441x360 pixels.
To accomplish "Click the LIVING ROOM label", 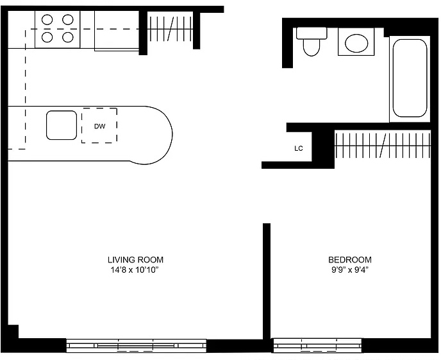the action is [x=135, y=259].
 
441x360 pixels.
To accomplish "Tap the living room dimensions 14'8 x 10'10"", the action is [x=135, y=270].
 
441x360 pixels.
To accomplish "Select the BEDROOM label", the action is [x=350, y=259].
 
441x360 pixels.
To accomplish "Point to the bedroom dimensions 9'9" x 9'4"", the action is [x=350, y=270].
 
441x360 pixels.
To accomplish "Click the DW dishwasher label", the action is [x=99, y=126].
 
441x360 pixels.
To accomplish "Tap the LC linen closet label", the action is [x=299, y=148].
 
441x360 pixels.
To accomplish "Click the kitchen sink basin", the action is [x=62, y=125].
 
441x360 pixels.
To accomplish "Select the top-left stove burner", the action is [x=47, y=20].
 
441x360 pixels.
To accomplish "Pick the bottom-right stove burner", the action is [x=68, y=37].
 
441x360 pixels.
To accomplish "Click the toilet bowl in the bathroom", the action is [x=312, y=47].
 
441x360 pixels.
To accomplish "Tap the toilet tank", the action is [x=312, y=33].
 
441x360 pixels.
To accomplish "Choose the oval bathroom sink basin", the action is [x=356, y=43].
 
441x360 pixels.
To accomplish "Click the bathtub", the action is [x=410, y=78].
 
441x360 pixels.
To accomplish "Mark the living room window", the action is [x=137, y=345].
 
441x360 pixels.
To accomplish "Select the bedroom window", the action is [x=317, y=345].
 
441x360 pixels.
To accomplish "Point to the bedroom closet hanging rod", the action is [x=383, y=146].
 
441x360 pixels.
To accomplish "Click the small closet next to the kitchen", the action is [x=170, y=29].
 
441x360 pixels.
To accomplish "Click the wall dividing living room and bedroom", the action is [x=267, y=281].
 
